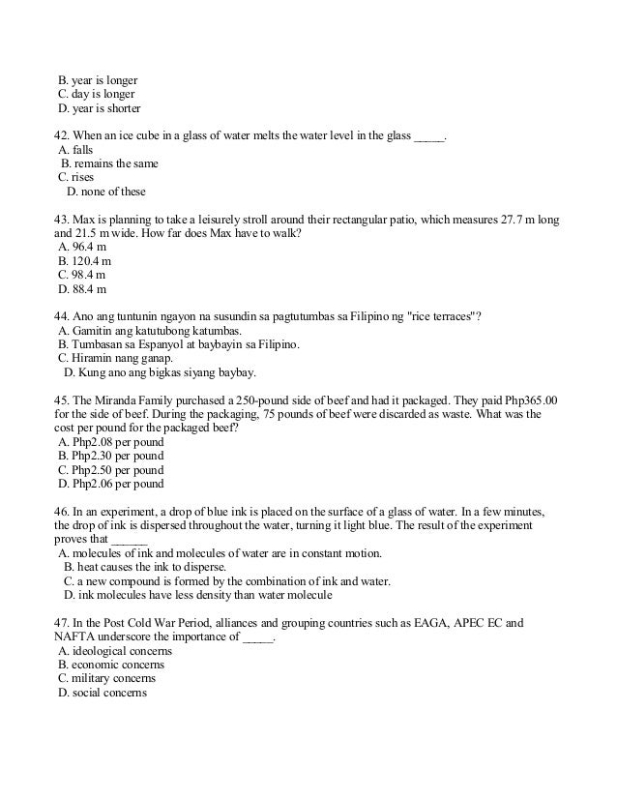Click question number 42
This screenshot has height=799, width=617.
pyautogui.click(x=62, y=136)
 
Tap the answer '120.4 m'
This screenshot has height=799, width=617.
pyautogui.click(x=85, y=261)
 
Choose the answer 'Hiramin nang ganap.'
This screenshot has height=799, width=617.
pyautogui.click(x=116, y=358)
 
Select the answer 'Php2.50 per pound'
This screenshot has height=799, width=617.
pyautogui.click(x=111, y=469)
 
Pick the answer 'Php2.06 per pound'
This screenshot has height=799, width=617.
pyautogui.click(x=111, y=484)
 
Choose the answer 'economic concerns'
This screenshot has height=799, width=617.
pyautogui.click(x=111, y=666)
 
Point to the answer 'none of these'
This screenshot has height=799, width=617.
pyautogui.click(x=106, y=192)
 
